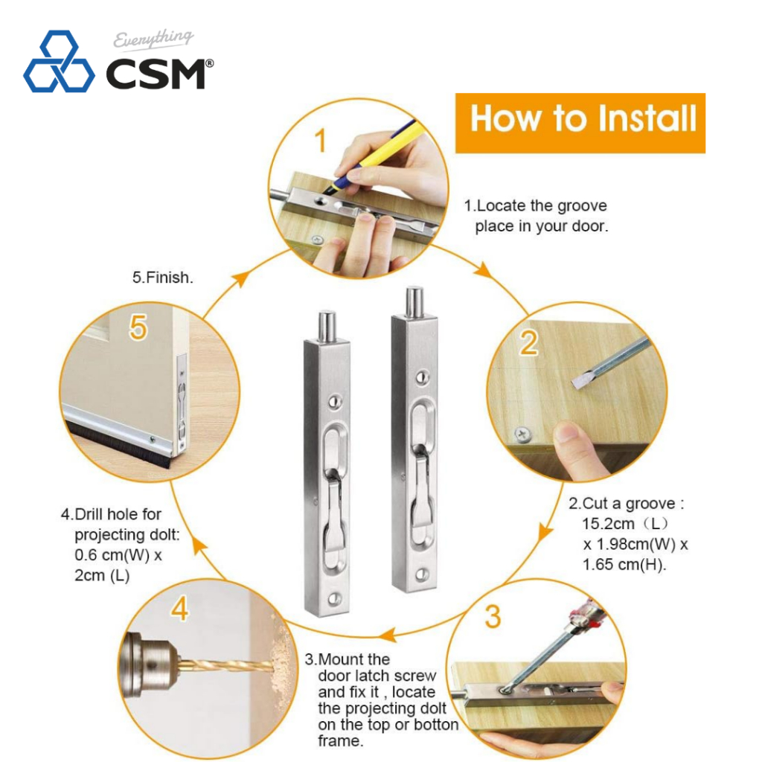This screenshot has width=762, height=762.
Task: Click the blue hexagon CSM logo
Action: coord(59,62)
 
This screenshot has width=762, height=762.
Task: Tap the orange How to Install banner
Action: coord(580,123)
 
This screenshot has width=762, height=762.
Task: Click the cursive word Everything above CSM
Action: coord(153,39)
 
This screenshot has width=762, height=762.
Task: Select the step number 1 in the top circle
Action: coord(320,141)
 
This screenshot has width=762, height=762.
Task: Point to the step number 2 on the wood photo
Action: coord(529,342)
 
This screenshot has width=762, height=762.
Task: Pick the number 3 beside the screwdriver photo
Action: coord(493,616)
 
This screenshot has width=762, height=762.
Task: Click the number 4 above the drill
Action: coord(179,609)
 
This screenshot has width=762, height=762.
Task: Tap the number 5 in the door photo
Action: coord(138,327)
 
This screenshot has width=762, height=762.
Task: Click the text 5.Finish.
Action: coord(163,278)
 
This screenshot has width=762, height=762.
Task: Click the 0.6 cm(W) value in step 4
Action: coord(112,555)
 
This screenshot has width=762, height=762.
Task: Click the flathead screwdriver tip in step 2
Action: coord(580,382)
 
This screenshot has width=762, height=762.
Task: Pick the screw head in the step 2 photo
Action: coord(522,435)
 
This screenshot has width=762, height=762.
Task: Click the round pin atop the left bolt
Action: coord(327,326)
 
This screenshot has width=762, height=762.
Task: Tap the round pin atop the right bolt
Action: coord(414,302)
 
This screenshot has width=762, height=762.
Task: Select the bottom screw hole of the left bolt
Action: coord(335,598)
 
